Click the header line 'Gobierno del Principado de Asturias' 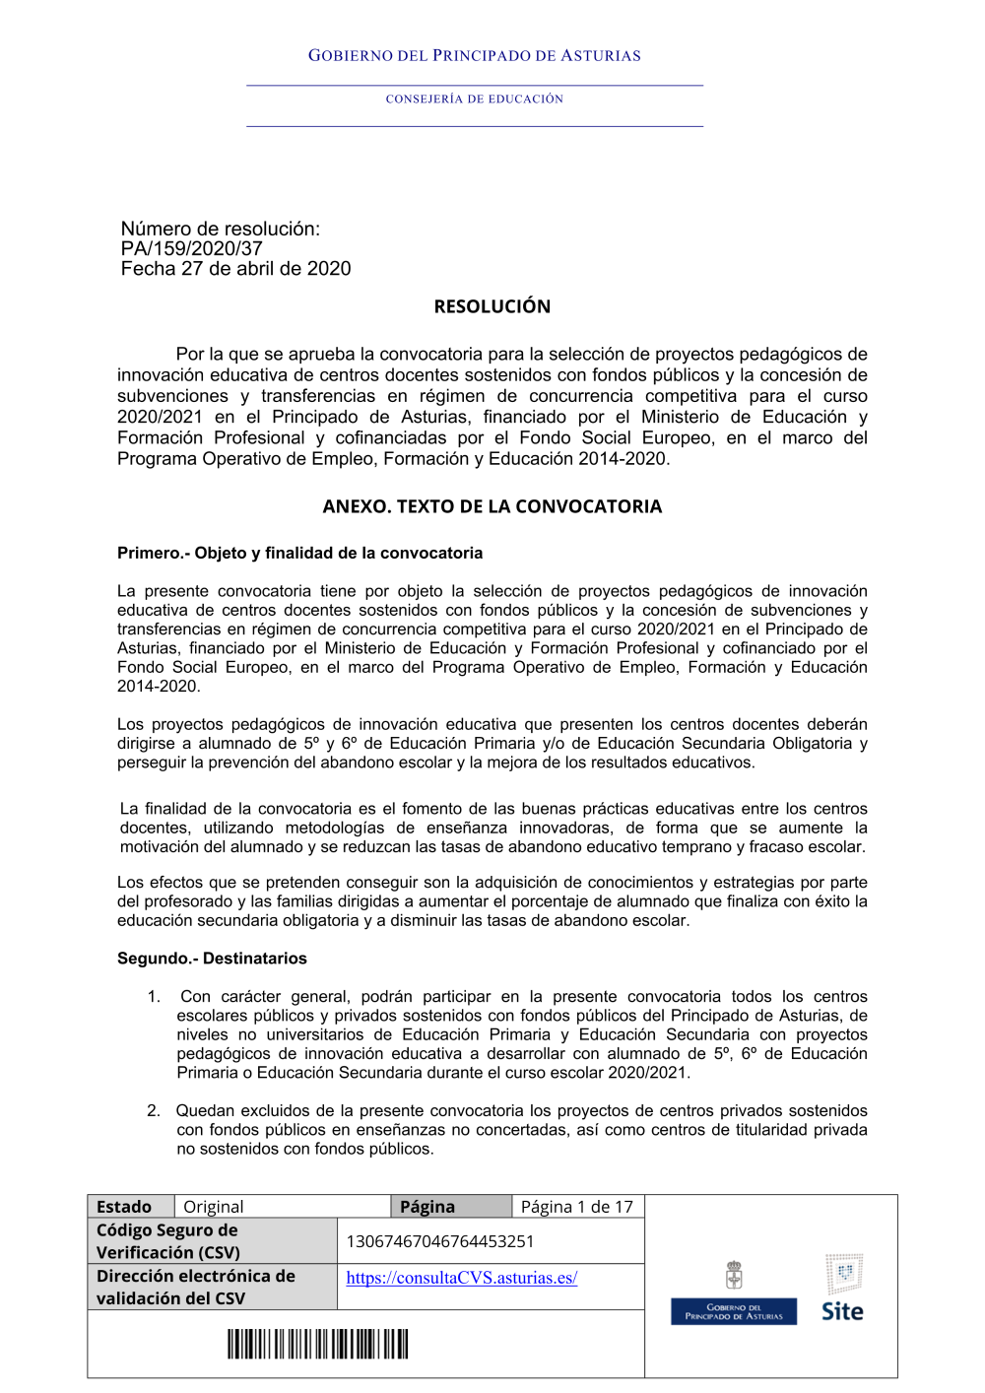pyautogui.click(x=474, y=56)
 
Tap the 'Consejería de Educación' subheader pyautogui.click(x=474, y=99)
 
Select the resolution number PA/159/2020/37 pyautogui.click(x=191, y=249)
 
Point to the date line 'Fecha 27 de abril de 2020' pyautogui.click(x=235, y=269)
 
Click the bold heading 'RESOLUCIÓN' pyautogui.click(x=492, y=306)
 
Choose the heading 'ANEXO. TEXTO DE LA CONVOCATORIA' pyautogui.click(x=492, y=506)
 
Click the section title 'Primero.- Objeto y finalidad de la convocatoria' pyautogui.click(x=299, y=554)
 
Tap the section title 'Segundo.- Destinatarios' pyautogui.click(x=212, y=959)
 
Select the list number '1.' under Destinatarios pyautogui.click(x=154, y=997)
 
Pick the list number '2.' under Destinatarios pyautogui.click(x=154, y=1111)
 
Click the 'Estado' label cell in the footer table pyautogui.click(x=124, y=1207)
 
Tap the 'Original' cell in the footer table pyautogui.click(x=214, y=1207)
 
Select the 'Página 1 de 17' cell pyautogui.click(x=576, y=1207)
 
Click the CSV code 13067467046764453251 pyautogui.click(x=439, y=1241)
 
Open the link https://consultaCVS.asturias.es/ pyautogui.click(x=461, y=1278)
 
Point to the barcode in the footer pyautogui.click(x=317, y=1344)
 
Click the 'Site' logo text pyautogui.click(x=842, y=1311)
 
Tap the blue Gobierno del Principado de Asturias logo pyautogui.click(x=734, y=1311)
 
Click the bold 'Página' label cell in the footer pyautogui.click(x=427, y=1207)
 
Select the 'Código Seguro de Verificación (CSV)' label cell pyautogui.click(x=168, y=1241)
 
